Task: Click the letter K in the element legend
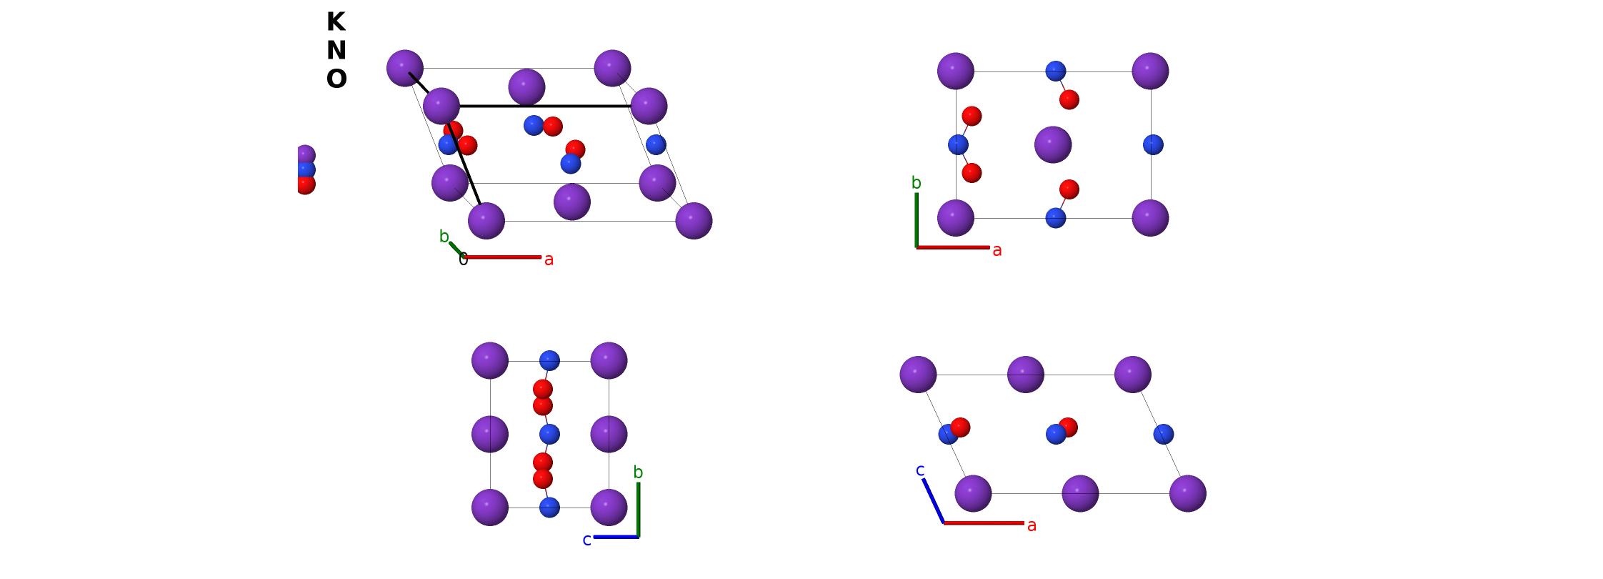coord(336,22)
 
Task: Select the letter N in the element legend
coord(336,51)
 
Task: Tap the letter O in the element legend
coord(336,79)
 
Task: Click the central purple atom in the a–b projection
coord(1053,144)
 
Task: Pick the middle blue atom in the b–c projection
coord(549,434)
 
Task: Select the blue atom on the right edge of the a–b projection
coord(1153,144)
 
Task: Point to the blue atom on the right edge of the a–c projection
coord(1164,434)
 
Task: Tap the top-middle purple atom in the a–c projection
coord(1026,375)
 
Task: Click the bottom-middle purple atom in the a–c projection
coord(1080,493)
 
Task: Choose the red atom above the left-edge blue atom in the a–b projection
coord(972,116)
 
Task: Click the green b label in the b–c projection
coord(638,472)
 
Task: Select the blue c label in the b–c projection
coord(586,540)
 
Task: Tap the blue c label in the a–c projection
coord(920,470)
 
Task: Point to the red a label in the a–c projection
coord(1032,526)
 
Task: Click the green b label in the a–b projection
coord(916,183)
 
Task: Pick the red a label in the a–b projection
coord(997,251)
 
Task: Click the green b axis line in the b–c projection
coord(638,510)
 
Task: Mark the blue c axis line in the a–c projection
coord(934,500)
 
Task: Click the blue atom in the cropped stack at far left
coord(306,169)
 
